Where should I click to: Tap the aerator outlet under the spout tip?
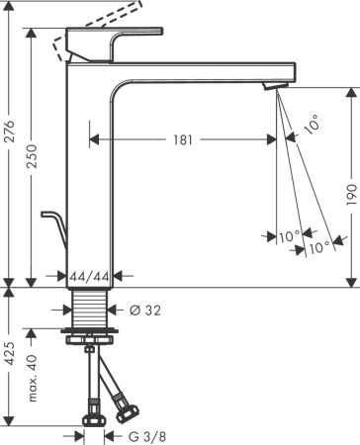click(x=273, y=90)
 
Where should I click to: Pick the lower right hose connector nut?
click(x=127, y=403)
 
